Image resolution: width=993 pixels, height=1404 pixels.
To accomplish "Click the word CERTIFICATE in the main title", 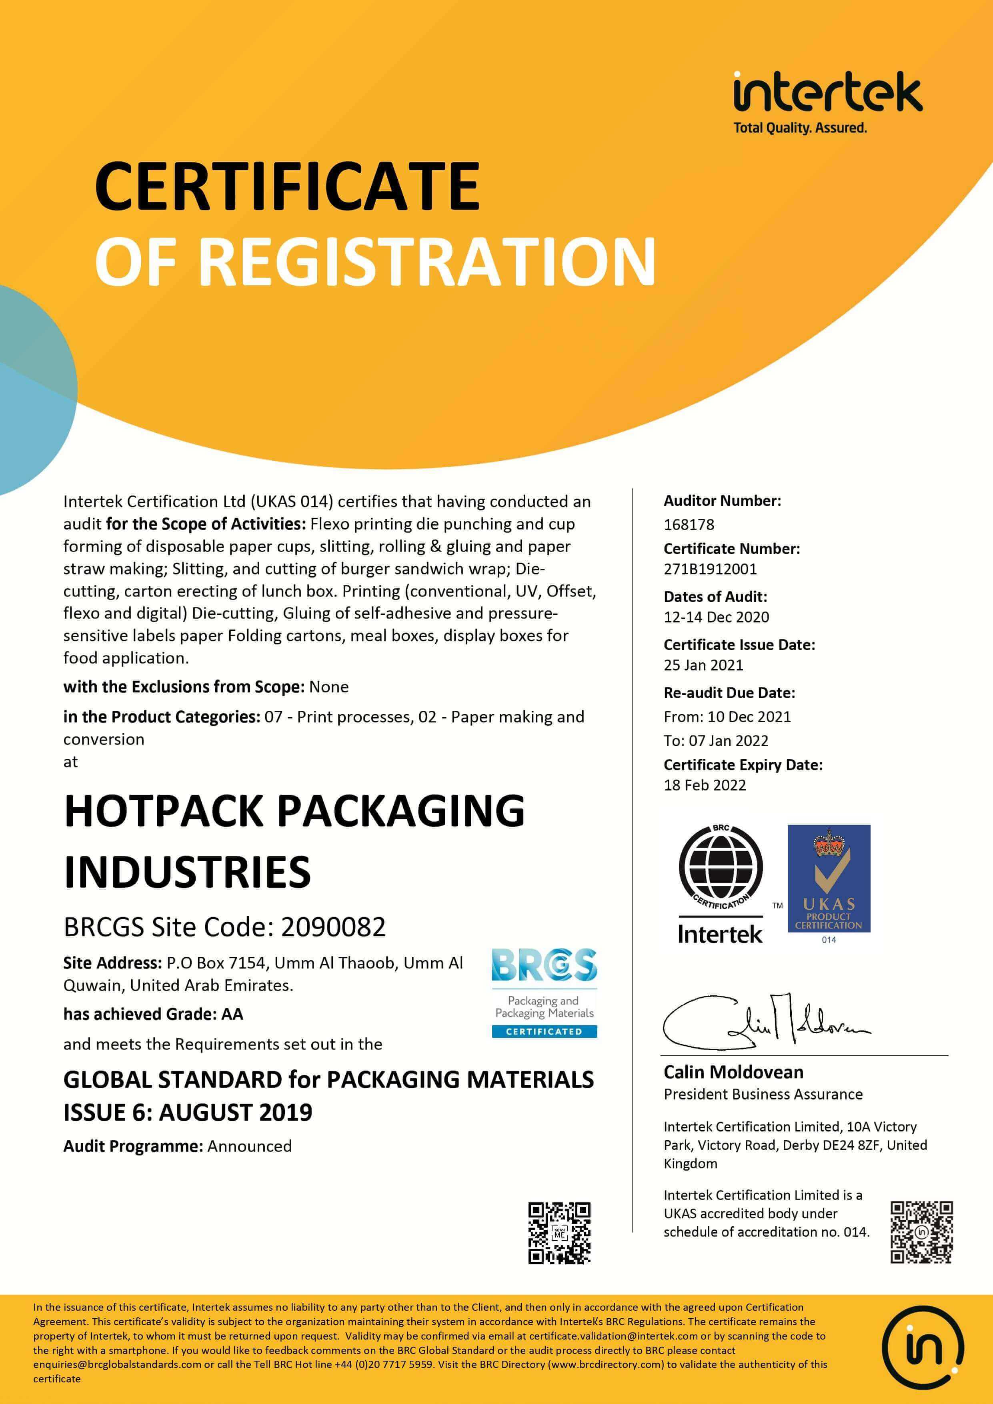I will [x=287, y=186].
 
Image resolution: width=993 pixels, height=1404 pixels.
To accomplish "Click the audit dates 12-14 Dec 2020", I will [x=716, y=617].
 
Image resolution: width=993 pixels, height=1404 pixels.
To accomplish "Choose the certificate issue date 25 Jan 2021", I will [x=703, y=665].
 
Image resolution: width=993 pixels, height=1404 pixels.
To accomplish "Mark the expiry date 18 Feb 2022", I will [x=705, y=785].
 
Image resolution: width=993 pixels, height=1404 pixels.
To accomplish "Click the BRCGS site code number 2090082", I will [x=333, y=927].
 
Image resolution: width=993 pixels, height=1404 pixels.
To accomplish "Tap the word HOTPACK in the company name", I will [x=165, y=811].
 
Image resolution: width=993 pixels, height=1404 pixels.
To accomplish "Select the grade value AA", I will [x=232, y=1015].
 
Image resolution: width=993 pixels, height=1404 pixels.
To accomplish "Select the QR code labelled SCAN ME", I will [x=559, y=1233].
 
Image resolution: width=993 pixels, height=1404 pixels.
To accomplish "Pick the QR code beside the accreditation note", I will [x=921, y=1232].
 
